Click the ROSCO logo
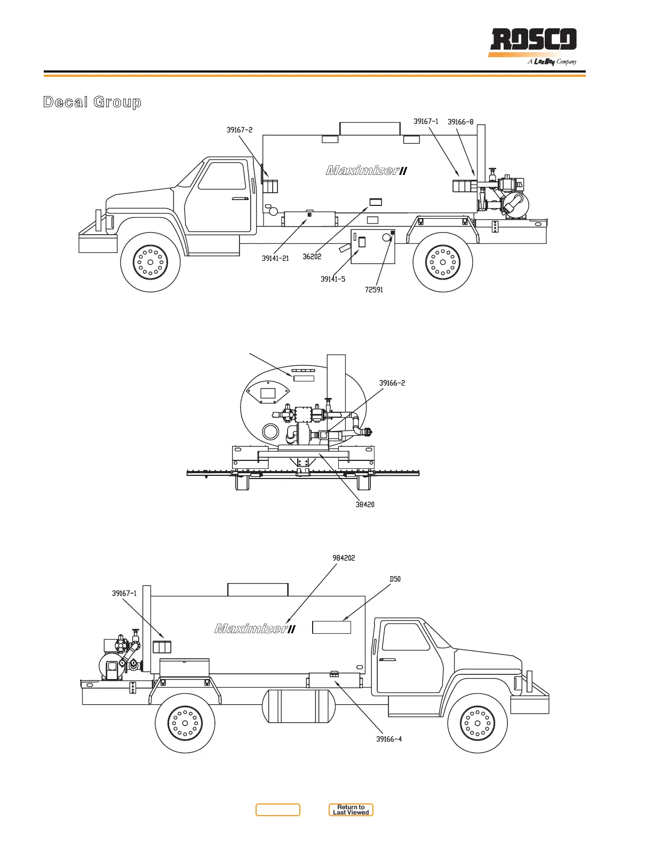pos(533,41)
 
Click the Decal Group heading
pos(92,102)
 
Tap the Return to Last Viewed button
pos(351,810)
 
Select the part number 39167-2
pos(240,130)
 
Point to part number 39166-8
pos(460,122)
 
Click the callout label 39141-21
pos(275,259)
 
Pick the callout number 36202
pos(312,257)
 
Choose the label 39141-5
pos(333,279)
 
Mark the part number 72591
pos(374,290)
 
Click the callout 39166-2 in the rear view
pos(392,383)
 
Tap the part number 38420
pos(365,504)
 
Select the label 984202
pos(344,558)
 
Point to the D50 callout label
pos(395,579)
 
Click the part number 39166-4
pos(389,739)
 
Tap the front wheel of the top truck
pos(150,262)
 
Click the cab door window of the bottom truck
pos(406,636)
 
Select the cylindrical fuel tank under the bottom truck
pos(298,706)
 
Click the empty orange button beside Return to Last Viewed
pos(278,810)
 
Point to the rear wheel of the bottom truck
pos(185,723)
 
